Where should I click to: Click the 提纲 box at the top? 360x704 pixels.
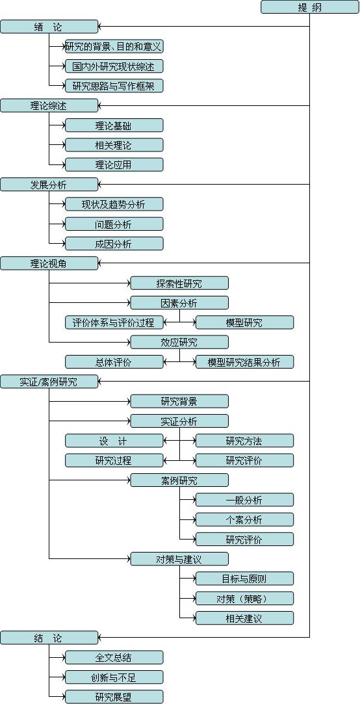[x=310, y=7]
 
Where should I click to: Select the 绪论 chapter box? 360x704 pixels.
[x=49, y=27]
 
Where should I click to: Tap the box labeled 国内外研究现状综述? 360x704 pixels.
[x=114, y=66]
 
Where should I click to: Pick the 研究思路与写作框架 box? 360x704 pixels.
[x=114, y=86]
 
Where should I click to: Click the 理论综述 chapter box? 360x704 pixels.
[x=49, y=105]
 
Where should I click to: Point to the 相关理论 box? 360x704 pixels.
[x=114, y=145]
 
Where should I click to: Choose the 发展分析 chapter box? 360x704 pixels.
[x=49, y=184]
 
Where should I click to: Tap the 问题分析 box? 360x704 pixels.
[x=114, y=224]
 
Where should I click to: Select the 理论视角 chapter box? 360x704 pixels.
[x=49, y=263]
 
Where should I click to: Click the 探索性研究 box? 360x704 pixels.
[x=179, y=283]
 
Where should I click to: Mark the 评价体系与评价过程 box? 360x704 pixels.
[x=114, y=322]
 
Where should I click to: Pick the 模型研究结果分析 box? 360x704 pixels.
[x=244, y=362]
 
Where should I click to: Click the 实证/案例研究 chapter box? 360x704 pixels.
[x=49, y=382]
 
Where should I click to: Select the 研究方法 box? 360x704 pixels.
[x=244, y=441]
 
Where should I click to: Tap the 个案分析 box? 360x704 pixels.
[x=244, y=519]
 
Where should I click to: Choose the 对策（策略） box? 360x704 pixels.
[x=244, y=598]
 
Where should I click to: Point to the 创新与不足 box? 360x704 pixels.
[x=114, y=677]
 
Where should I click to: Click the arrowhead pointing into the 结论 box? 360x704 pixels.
[x=101, y=638]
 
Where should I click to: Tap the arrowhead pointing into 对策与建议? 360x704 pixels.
[x=127, y=559]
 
